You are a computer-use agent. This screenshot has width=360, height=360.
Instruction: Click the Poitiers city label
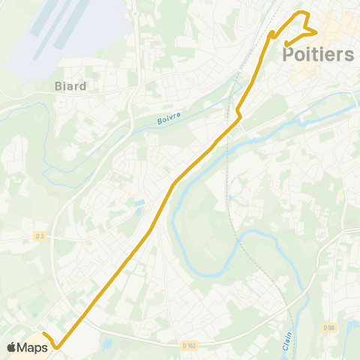[x=319, y=54]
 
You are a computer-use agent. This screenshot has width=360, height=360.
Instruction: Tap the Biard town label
[x=70, y=86]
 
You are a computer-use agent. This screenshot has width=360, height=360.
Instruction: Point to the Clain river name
[x=288, y=327]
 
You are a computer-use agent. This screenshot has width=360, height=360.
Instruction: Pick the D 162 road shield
[x=189, y=345]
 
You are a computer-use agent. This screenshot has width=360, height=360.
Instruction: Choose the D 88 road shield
[x=329, y=327]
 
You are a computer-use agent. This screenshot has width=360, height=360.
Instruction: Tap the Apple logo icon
[x=11, y=347]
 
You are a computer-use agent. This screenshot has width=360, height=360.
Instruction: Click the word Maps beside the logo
[x=33, y=347]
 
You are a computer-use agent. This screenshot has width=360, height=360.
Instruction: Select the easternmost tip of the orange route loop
[x=316, y=31]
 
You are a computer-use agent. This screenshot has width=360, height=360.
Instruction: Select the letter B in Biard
[x=58, y=86]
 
